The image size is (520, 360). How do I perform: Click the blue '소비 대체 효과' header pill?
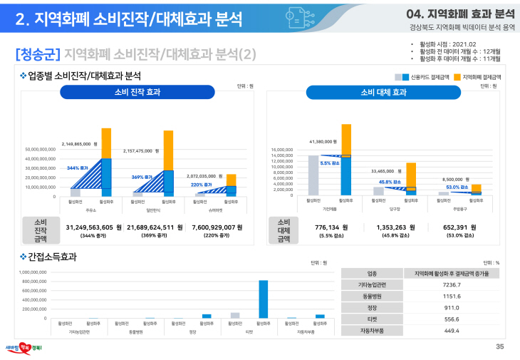click(383, 92)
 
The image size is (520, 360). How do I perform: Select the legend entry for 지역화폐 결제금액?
click(477, 76)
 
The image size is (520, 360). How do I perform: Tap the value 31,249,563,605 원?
click(93, 227)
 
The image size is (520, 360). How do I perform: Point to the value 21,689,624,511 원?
click(155, 227)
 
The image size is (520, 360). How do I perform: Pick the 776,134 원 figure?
click(331, 227)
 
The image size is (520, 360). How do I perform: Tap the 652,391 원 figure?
click(459, 227)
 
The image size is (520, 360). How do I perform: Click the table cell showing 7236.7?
click(451, 284)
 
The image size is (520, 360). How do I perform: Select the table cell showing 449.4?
click(451, 331)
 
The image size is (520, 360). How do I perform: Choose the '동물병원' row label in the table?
click(372, 296)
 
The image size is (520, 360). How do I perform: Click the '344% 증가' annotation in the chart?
click(77, 168)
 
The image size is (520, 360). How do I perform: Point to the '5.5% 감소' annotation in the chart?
click(330, 163)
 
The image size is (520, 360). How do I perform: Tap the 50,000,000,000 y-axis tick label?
click(40, 150)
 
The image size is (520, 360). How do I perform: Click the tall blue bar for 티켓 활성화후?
click(263, 299)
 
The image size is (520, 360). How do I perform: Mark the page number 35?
click(499, 346)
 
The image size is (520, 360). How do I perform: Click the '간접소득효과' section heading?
click(52, 257)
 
